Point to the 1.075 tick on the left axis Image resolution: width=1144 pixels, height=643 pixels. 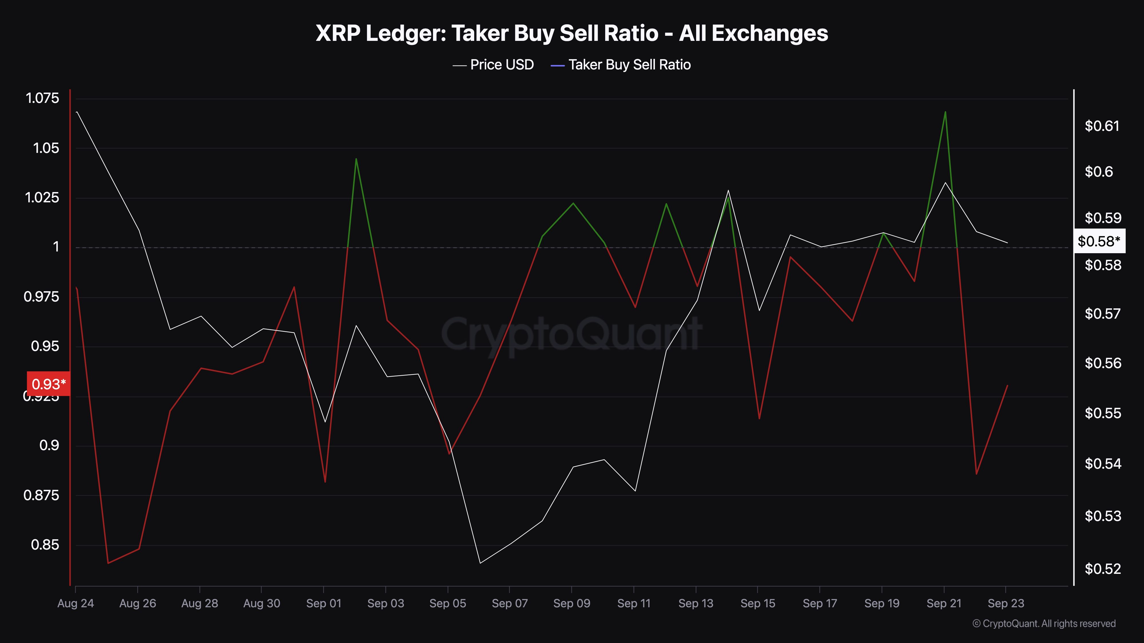pyautogui.click(x=43, y=98)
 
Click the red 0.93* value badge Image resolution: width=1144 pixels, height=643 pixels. pyautogui.click(x=48, y=384)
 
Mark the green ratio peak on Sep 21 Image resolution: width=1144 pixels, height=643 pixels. pyautogui.click(x=945, y=112)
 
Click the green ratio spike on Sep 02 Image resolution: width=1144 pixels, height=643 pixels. pyautogui.click(x=356, y=159)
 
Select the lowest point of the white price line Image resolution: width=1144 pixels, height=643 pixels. pyautogui.click(x=480, y=563)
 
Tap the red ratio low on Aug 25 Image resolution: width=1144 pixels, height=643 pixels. pyautogui.click(x=108, y=563)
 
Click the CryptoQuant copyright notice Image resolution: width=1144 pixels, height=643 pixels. pyautogui.click(x=1044, y=624)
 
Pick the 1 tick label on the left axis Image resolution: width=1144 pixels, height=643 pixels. pyautogui.click(x=56, y=247)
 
